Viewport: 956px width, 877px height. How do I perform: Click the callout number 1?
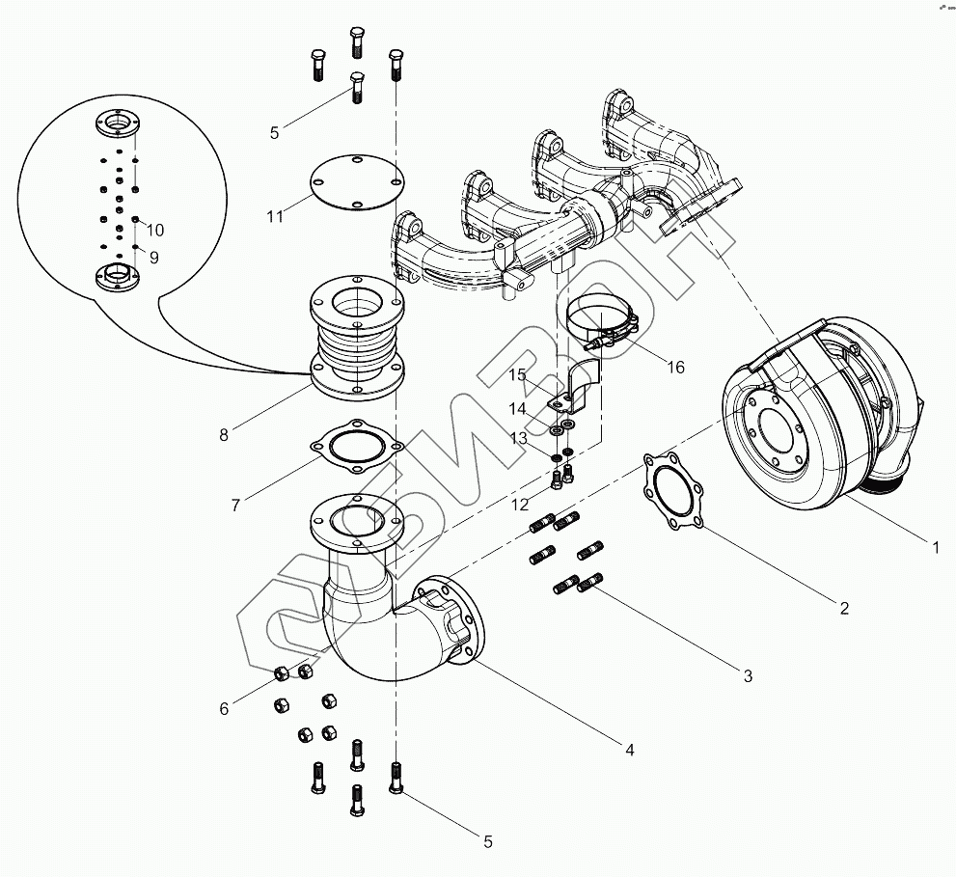tap(935, 548)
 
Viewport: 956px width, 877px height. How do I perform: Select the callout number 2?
tap(844, 608)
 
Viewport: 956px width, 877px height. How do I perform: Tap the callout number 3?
tap(748, 676)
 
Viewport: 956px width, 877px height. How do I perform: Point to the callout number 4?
tap(629, 750)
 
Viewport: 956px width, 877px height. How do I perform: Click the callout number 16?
tap(675, 367)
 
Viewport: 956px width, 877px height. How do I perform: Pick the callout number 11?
tap(276, 216)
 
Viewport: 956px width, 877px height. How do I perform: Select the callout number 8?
tap(224, 435)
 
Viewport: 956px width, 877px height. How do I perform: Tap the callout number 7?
tap(235, 504)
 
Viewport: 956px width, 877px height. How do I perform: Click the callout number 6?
tap(224, 709)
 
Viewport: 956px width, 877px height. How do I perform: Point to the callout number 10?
tap(154, 230)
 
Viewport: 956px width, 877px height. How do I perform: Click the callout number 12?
tap(519, 505)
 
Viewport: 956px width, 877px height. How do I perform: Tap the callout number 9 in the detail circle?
tap(154, 258)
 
